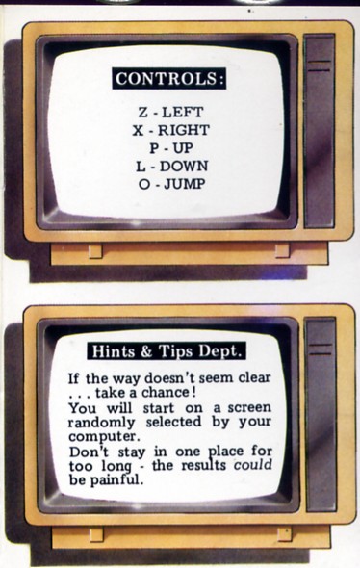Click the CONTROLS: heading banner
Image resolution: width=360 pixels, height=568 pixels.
[169, 78]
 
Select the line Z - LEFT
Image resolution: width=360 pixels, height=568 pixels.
[170, 112]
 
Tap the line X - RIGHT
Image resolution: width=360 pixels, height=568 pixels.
[170, 130]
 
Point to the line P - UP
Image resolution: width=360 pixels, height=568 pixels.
[171, 148]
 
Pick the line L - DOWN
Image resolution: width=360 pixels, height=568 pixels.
[172, 167]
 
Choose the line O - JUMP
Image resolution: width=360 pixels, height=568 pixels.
[171, 184]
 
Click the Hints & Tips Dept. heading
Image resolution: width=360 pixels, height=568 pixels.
[167, 351]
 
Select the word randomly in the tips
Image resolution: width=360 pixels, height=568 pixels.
[101, 423]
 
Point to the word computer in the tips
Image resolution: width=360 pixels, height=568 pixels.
[104, 436]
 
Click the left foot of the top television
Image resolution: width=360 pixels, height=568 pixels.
[95, 250]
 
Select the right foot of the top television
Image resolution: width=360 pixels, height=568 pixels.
[282, 250]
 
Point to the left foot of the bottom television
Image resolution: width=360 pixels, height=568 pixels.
[96, 534]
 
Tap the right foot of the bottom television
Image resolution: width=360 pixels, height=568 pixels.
[285, 534]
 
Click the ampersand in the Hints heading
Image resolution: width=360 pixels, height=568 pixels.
[146, 351]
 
